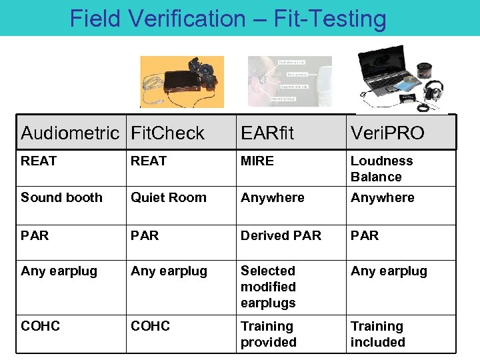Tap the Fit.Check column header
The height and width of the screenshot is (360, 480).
pos(167,133)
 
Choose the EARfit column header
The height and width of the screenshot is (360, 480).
pos(267,133)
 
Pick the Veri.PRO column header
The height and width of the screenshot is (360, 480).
pos(387,133)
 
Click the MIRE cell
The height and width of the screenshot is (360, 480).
pos(257,161)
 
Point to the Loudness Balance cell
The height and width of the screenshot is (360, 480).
pos(382,169)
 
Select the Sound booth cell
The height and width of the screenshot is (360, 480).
pos(61,197)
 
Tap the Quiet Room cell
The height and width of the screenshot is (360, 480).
pos(169,197)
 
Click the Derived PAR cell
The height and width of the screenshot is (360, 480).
pos(281,235)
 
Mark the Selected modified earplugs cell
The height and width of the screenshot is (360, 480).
pos(268,287)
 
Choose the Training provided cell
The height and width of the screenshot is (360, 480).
pos(268,334)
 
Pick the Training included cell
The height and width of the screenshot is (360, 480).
pos(378,334)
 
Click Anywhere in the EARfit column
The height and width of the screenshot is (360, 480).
pos(272,197)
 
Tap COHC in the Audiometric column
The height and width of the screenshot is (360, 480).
pos(40,326)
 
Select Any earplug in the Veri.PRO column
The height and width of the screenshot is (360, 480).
pos(389,271)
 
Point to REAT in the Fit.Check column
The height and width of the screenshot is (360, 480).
pos(149,161)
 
